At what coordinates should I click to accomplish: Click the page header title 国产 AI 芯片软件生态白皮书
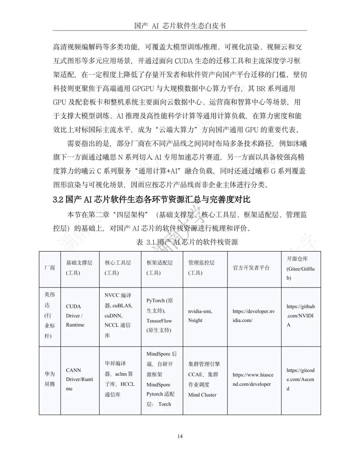click(180, 26)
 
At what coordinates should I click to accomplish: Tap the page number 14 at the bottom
click(180, 436)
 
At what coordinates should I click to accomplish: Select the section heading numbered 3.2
click(151, 200)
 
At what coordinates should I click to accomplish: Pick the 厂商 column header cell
click(50, 268)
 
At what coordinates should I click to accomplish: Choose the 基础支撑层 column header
click(79, 268)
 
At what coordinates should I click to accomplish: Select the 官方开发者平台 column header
click(251, 268)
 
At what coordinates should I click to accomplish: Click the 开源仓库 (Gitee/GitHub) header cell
click(300, 268)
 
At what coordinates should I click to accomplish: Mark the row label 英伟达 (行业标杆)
click(50, 315)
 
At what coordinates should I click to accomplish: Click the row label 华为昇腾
click(50, 379)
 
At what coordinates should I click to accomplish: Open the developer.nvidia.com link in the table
click(254, 316)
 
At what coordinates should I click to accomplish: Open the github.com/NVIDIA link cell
click(300, 315)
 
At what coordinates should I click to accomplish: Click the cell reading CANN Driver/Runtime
click(79, 379)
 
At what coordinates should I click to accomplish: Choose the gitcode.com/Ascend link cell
click(300, 379)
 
